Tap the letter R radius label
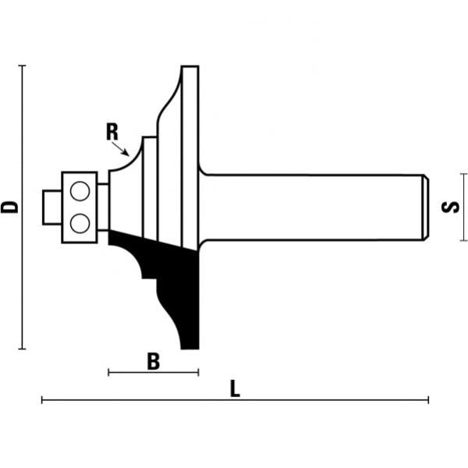pyautogui.click(x=113, y=132)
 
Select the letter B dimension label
pyautogui.click(x=154, y=361)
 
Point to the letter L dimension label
pyautogui.click(x=235, y=388)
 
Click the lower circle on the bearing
pyautogui.click(x=79, y=223)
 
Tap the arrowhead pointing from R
pyautogui.click(x=125, y=153)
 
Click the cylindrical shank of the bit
pyautogui.click(x=312, y=207)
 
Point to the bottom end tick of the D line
pyautogui.click(x=23, y=349)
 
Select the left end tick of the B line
pyautogui.click(x=108, y=373)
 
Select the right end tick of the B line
pyautogui.click(x=199, y=373)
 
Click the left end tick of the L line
pyautogui.click(x=42, y=400)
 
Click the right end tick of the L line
pyautogui.click(x=427, y=400)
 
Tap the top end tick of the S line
pyautogui.click(x=464, y=175)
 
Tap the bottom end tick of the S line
pyautogui.click(x=464, y=240)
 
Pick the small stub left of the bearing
pyautogui.click(x=49, y=207)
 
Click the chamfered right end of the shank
pyautogui.click(x=425, y=207)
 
